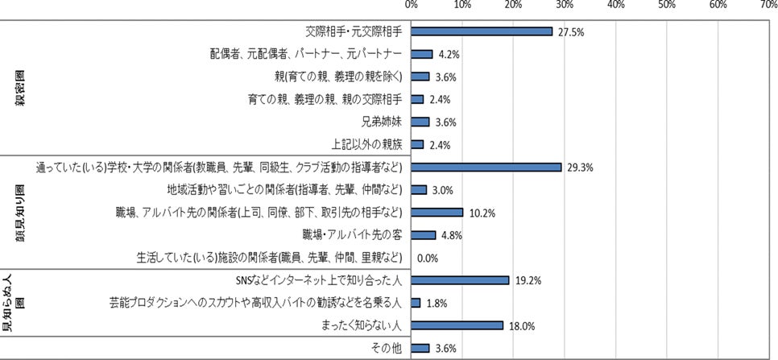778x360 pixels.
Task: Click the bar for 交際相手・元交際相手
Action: (x=482, y=31)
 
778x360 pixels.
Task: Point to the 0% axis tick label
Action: (x=412, y=5)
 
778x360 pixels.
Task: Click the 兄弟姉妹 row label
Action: (x=383, y=122)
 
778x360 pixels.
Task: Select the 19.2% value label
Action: (x=526, y=280)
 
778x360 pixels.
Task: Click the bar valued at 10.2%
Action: (x=437, y=213)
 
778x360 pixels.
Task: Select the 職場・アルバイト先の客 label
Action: (x=352, y=235)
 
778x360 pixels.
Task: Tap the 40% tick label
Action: (x=616, y=5)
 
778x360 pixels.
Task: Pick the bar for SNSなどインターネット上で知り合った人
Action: (x=460, y=280)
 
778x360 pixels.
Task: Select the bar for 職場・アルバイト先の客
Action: (x=424, y=235)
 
